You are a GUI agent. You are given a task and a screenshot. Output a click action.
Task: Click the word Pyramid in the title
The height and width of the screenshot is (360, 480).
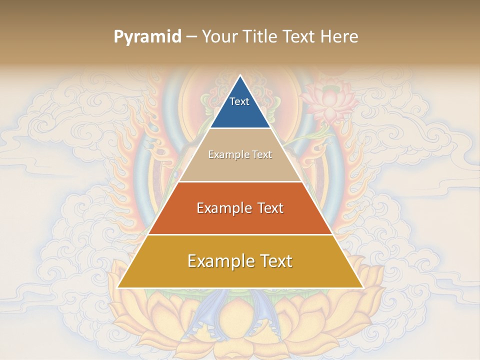click(147, 37)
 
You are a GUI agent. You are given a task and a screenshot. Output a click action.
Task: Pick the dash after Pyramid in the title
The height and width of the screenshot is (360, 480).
click(191, 37)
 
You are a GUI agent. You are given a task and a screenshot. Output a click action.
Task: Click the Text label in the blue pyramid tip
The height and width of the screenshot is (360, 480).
click(239, 101)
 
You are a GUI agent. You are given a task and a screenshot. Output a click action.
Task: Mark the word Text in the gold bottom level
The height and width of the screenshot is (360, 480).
click(275, 261)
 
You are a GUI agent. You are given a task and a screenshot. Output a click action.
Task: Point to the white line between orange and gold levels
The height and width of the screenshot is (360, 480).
click(240, 234)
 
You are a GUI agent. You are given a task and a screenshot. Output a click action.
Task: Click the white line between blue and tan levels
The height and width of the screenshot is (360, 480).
click(240, 128)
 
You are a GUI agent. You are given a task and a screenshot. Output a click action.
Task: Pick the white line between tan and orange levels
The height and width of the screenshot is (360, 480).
click(240, 181)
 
